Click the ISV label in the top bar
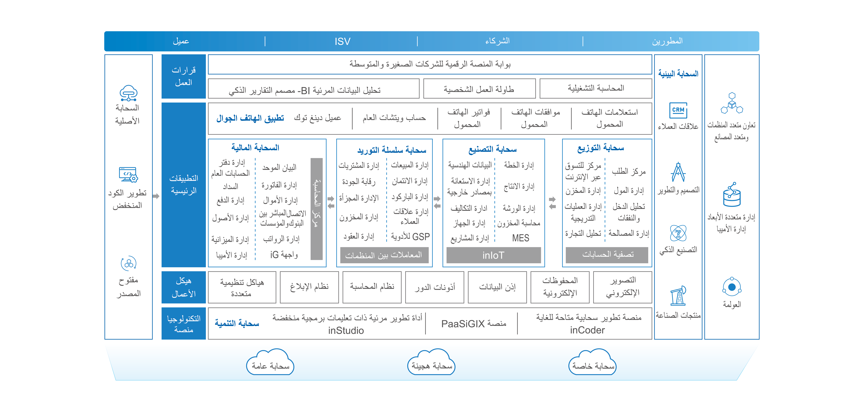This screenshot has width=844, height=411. [x=342, y=42]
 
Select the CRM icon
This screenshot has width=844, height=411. [x=678, y=110]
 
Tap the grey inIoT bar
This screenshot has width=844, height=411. [x=493, y=255]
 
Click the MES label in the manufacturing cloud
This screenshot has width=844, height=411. [x=521, y=238]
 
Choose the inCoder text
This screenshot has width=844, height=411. [x=587, y=330]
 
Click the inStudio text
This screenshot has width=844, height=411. [x=346, y=330]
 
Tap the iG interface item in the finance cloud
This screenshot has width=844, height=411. [x=284, y=255]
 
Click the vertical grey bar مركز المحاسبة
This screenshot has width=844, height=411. [x=316, y=209]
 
